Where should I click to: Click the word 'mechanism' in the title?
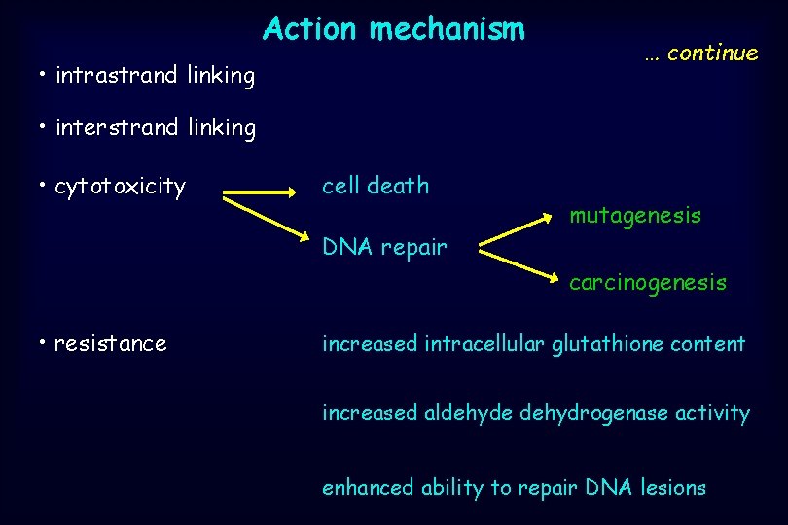447,29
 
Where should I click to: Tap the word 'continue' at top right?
712,53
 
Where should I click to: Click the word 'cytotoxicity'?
120,187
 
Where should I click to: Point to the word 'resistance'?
111,343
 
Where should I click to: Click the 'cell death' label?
376,186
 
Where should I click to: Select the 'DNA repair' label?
384,248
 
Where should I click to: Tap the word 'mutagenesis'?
635,216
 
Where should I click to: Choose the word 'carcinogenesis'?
648,283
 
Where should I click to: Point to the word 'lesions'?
673,488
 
